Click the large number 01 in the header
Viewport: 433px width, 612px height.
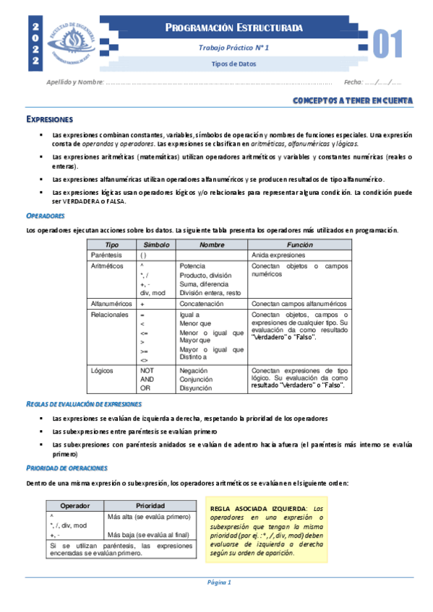tap(387, 45)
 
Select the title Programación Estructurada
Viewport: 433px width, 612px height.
tap(233, 28)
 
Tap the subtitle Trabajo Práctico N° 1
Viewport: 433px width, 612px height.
tap(233, 47)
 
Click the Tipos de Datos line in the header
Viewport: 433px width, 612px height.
tap(233, 64)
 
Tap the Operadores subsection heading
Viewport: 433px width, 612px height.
tap(46, 216)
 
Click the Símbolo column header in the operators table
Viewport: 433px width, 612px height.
tap(155, 245)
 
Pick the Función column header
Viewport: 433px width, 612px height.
tap(299, 245)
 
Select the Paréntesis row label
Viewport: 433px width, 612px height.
tap(107, 255)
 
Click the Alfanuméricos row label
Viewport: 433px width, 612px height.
tap(111, 304)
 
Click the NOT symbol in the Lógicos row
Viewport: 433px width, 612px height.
tap(147, 370)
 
